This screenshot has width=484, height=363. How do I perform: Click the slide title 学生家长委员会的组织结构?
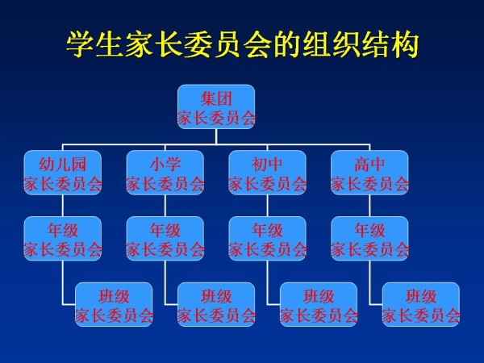coord(242,44)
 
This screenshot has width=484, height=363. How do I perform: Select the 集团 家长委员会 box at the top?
coord(216,106)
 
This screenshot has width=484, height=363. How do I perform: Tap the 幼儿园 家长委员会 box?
coord(63,173)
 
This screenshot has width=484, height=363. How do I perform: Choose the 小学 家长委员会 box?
coord(165,173)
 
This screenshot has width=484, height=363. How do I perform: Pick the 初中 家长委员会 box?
coord(267,173)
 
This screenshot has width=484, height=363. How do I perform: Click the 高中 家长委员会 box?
coord(369,173)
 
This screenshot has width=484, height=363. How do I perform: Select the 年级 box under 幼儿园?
coord(63,239)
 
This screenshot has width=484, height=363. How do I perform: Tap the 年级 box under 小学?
coord(165,239)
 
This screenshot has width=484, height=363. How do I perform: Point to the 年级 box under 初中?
coord(267,239)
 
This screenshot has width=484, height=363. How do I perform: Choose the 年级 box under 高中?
coord(369,239)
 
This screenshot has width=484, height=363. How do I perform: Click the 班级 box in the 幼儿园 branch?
coord(114,304)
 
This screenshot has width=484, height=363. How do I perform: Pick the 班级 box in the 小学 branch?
coord(216,304)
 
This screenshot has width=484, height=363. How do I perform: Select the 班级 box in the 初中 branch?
coord(319,304)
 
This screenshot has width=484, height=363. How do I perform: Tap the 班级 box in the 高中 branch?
coord(421,304)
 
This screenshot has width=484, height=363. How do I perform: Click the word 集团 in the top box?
coord(216,98)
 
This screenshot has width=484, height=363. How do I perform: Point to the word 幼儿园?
coord(63,165)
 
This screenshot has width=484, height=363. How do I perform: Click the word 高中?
coord(369,165)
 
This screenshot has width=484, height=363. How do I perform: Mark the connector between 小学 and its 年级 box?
coord(165,206)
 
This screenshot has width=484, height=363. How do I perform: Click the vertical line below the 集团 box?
coord(216,136)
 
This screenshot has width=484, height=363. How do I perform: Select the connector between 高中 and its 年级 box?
coord(369,206)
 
